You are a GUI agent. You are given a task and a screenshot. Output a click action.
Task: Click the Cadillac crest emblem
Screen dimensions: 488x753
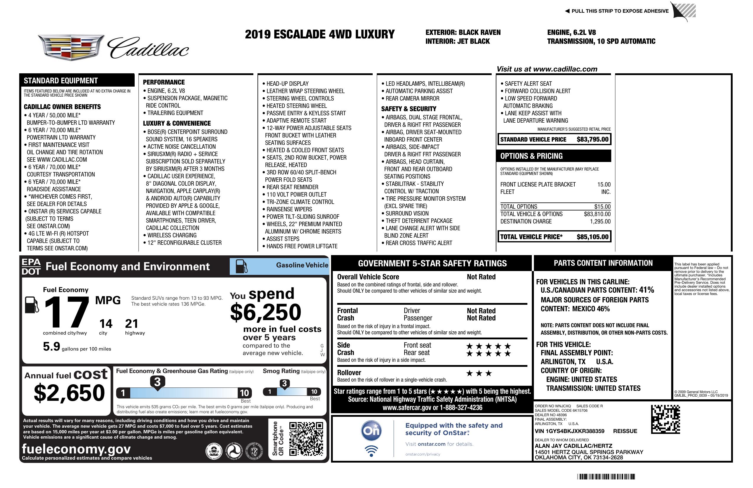click(x=71, y=48)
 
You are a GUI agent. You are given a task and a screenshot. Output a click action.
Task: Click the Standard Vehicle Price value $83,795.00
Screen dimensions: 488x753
click(x=592, y=139)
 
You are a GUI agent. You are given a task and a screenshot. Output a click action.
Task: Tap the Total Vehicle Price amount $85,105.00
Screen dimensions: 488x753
click(x=592, y=237)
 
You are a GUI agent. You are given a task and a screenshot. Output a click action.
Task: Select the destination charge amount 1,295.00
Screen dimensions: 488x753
click(x=600, y=222)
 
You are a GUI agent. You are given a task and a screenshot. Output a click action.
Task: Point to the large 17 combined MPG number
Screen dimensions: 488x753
click(x=67, y=312)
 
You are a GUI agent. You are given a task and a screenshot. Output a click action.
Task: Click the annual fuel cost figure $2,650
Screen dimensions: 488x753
click(x=69, y=393)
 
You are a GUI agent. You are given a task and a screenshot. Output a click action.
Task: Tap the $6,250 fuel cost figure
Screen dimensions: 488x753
click(x=265, y=312)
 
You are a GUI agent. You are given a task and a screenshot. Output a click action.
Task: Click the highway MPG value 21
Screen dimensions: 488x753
click(x=131, y=324)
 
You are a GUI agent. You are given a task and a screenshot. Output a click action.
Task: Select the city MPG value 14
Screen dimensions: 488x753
click(x=106, y=324)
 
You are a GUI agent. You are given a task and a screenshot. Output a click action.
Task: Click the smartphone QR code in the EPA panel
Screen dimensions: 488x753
click(x=306, y=439)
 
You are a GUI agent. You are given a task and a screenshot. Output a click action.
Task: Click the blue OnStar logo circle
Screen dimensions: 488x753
click(x=371, y=431)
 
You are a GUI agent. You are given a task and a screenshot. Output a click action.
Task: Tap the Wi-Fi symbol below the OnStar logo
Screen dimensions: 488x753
click(x=371, y=451)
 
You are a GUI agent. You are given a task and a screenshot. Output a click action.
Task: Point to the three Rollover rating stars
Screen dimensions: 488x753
click(x=479, y=373)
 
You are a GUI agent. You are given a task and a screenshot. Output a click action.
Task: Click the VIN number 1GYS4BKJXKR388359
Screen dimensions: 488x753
click(x=570, y=431)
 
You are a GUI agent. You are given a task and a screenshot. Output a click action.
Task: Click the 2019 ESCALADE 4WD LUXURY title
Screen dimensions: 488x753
click(x=320, y=35)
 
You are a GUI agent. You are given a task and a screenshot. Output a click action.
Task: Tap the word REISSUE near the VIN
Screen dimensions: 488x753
click(x=625, y=431)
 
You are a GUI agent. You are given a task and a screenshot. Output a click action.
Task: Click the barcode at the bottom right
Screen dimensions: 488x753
click(x=606, y=476)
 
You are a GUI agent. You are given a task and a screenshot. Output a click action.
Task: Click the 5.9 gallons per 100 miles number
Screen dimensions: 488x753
click(x=51, y=346)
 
